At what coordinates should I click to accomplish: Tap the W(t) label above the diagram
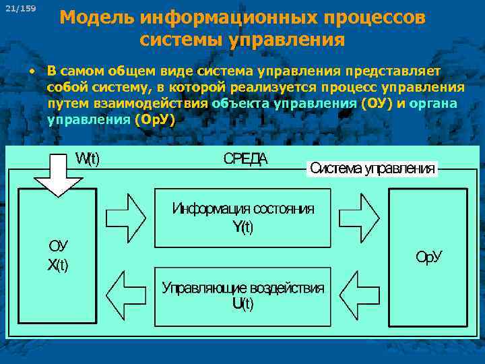click(x=87, y=159)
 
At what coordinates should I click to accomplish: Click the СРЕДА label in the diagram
click(x=245, y=159)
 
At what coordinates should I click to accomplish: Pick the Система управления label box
click(x=372, y=169)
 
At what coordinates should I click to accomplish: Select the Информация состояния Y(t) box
click(x=243, y=218)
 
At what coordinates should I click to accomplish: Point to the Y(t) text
click(x=243, y=227)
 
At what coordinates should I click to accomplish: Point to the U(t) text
click(x=243, y=304)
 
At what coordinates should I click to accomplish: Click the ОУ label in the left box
click(x=58, y=247)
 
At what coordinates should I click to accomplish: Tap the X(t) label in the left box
click(x=58, y=265)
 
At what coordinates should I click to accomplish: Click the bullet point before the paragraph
click(x=31, y=71)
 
